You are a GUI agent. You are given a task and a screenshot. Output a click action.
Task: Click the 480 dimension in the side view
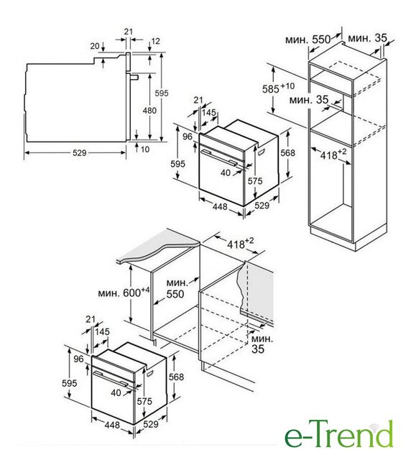[x=150, y=111]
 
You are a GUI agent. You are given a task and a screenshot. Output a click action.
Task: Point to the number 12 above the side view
[x=155, y=41]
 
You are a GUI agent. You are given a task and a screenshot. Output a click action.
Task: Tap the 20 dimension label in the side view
[x=95, y=46]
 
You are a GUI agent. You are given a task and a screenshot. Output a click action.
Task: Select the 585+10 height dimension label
[x=278, y=88]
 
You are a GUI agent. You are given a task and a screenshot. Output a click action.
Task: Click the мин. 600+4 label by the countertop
[x=124, y=293]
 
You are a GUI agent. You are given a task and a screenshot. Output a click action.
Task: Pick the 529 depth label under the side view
[x=80, y=153]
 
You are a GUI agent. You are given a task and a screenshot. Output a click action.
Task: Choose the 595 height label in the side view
[x=162, y=93]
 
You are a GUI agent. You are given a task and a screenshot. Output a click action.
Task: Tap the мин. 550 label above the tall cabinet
[x=308, y=39]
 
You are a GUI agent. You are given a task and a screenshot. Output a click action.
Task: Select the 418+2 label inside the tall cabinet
[x=333, y=154]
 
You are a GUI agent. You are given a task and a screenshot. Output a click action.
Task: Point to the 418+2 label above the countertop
[x=240, y=243]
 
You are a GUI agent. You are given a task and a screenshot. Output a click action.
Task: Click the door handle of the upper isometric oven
[x=219, y=157]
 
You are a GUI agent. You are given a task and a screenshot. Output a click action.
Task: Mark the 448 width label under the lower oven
[x=112, y=425]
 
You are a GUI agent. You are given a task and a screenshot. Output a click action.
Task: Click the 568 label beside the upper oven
[x=287, y=153]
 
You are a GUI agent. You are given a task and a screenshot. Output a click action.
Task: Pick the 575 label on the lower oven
[x=144, y=401]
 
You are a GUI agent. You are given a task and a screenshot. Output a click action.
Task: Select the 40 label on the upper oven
[x=226, y=172]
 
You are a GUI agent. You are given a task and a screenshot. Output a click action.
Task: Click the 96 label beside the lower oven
[x=78, y=359]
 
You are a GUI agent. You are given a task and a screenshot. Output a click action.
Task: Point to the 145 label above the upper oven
[x=209, y=112]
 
